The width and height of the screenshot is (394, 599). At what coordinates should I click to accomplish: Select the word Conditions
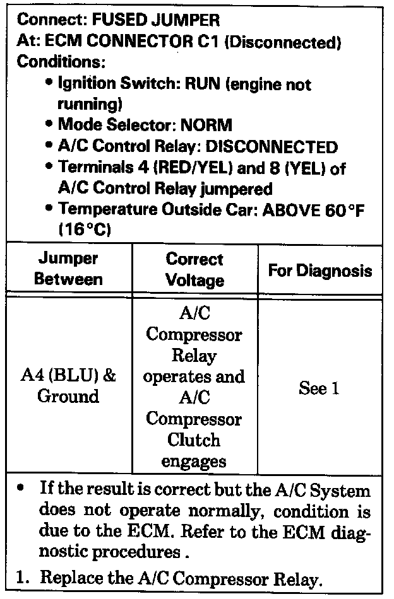(x=61, y=63)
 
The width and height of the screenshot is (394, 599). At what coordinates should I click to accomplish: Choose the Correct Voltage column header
(x=194, y=269)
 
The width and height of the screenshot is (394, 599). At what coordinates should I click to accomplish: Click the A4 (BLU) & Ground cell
(x=68, y=387)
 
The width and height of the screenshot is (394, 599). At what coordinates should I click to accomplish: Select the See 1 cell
(x=319, y=388)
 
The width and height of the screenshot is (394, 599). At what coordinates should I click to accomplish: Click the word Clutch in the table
(x=194, y=439)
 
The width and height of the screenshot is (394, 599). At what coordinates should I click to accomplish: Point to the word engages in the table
(x=194, y=461)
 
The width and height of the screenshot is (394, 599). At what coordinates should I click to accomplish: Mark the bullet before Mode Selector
(x=49, y=124)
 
